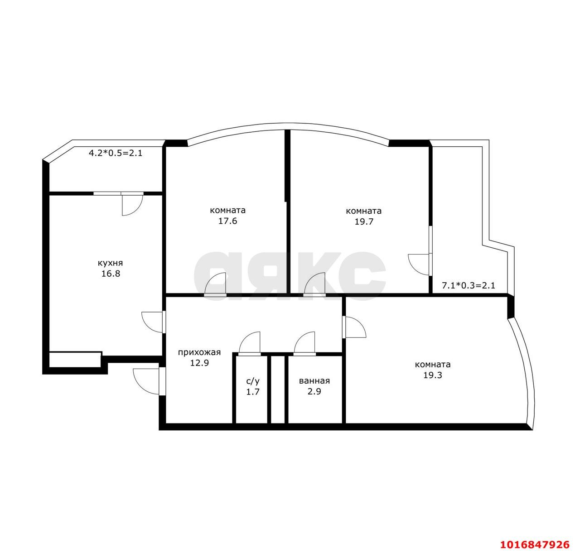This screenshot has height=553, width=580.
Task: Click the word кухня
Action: (x=110, y=263)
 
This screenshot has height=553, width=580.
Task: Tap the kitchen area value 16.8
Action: (x=111, y=274)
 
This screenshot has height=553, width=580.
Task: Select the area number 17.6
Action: (x=227, y=221)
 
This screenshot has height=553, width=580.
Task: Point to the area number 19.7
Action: (x=364, y=221)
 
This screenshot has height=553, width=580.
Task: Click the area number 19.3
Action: (x=432, y=375)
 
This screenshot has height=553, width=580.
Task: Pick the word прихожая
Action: (x=199, y=352)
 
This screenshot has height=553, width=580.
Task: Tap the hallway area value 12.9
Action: (x=199, y=363)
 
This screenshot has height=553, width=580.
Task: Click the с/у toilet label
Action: (x=253, y=381)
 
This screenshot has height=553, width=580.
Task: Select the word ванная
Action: (x=314, y=381)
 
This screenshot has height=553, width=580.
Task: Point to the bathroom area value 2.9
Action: (x=314, y=391)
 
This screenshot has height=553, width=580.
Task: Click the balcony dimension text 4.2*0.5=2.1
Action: (x=116, y=153)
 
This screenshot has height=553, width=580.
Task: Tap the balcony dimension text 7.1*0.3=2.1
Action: (x=468, y=285)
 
